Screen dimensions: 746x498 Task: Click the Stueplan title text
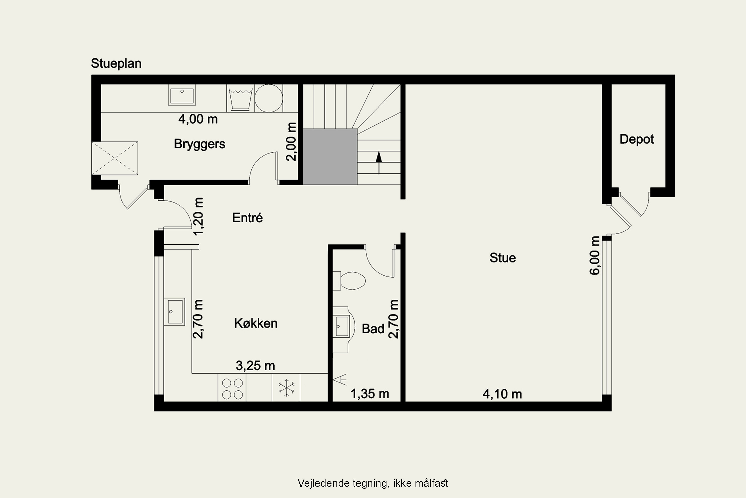click(x=116, y=63)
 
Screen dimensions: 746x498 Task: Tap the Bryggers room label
click(x=199, y=144)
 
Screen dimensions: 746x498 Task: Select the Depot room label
click(x=637, y=139)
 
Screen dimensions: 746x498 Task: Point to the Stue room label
click(x=502, y=257)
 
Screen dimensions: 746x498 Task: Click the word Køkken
click(x=256, y=323)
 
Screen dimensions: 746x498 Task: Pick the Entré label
click(x=247, y=218)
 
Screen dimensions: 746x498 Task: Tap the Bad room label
click(x=373, y=329)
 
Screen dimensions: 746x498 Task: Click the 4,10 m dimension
click(x=502, y=394)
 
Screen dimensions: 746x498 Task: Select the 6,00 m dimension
click(x=595, y=255)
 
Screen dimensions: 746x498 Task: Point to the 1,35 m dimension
click(x=370, y=394)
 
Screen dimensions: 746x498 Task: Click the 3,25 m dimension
click(x=255, y=366)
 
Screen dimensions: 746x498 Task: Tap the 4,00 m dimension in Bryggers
click(x=198, y=119)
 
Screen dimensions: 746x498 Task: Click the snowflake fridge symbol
click(x=286, y=388)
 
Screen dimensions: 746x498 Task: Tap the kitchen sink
click(x=174, y=311)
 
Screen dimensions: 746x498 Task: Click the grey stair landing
click(x=330, y=157)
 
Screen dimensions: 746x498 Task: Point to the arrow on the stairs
click(x=379, y=163)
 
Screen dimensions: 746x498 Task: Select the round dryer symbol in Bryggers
click(x=269, y=98)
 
